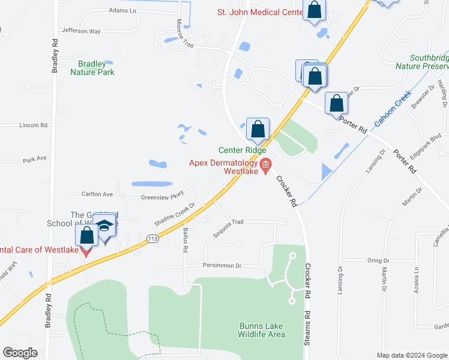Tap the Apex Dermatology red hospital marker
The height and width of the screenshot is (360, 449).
(x=266, y=164)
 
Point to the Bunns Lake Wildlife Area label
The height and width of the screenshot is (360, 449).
(x=262, y=330)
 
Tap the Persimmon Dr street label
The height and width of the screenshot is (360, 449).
(x=221, y=265)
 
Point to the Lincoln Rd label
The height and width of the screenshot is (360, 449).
(x=33, y=125)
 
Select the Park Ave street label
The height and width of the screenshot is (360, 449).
(x=35, y=159)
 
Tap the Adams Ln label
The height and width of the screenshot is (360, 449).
(x=122, y=11)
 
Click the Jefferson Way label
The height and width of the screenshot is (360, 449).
(x=81, y=31)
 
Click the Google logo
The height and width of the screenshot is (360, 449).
(x=20, y=353)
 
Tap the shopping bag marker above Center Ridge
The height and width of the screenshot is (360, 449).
(x=258, y=129)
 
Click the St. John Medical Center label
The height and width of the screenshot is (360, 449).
(x=259, y=12)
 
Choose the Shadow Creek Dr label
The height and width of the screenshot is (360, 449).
(x=175, y=212)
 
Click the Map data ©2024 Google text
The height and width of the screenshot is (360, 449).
(x=411, y=355)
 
